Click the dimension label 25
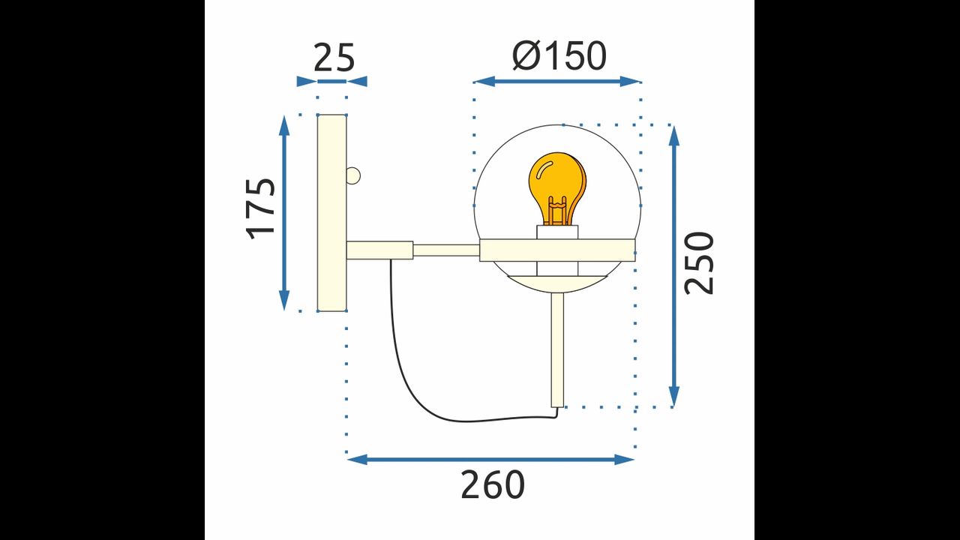coord(334,58)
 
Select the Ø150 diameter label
coord(559,55)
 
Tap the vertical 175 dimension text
coord(260,208)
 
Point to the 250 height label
coord(699,263)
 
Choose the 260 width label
coord(493,484)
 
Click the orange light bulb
coord(557,188)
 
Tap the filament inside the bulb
coord(557,211)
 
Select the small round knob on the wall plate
coord(353,175)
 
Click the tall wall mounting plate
coord(331,212)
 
